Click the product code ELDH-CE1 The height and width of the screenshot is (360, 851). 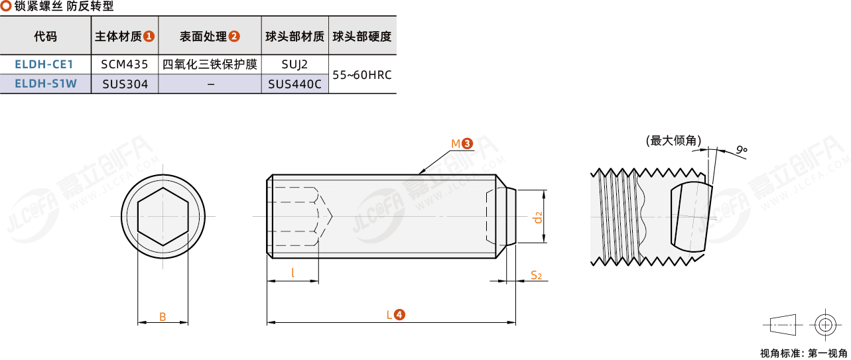point(44,64)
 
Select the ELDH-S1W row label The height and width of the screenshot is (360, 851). point(46,84)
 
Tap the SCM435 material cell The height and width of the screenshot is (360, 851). point(125,64)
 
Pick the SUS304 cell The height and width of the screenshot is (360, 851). point(125,84)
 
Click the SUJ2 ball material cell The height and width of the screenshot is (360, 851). point(295,64)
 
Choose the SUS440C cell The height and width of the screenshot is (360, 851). point(295,84)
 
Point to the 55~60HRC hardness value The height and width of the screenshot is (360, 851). point(362,75)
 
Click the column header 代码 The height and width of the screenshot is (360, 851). point(46,36)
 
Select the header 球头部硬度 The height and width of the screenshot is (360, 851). point(362,36)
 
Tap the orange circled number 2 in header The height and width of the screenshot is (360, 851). point(234,36)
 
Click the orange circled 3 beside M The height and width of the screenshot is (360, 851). point(468,144)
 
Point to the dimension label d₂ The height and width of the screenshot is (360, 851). point(538,217)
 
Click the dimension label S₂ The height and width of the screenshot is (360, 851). point(536,275)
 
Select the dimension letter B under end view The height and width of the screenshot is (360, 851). point(163,317)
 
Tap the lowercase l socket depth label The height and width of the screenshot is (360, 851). point(293,272)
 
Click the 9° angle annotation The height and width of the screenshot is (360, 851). point(742,150)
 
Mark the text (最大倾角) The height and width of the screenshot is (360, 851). point(674,141)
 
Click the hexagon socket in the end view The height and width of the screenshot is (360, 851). point(163,216)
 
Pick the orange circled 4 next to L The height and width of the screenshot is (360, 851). point(400,315)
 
